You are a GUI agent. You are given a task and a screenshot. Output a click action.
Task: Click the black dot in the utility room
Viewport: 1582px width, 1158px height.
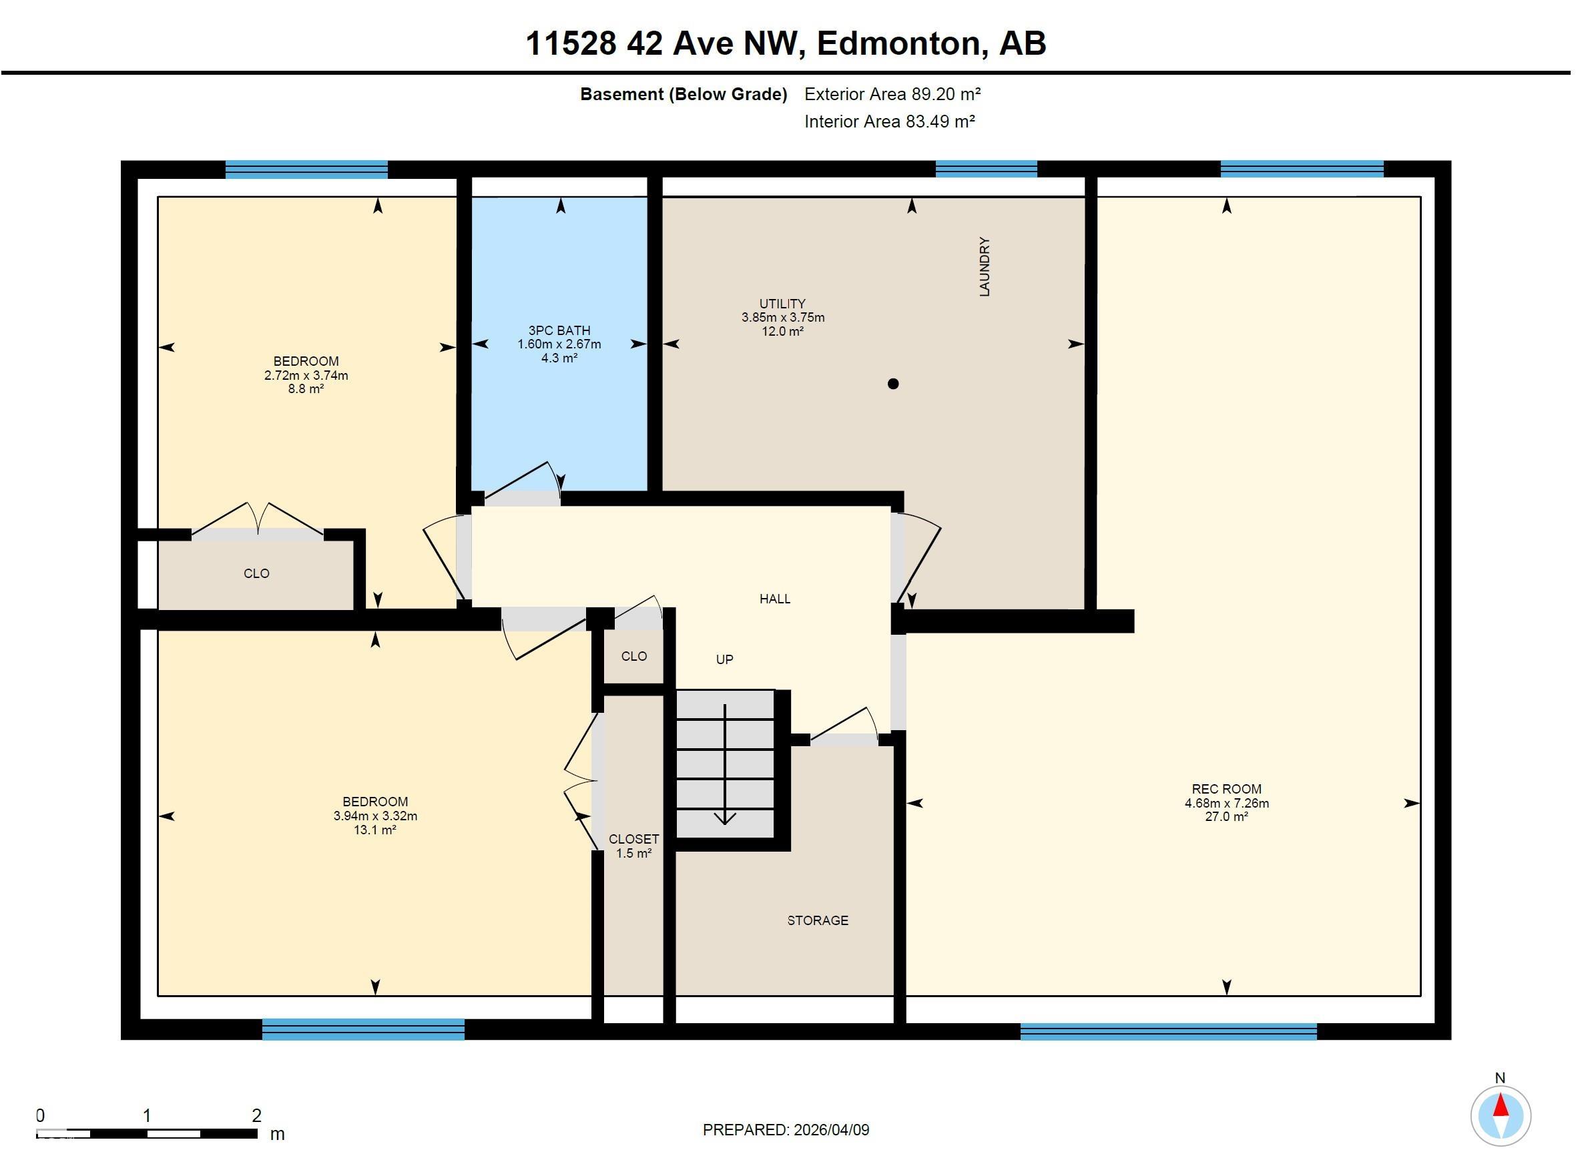(892, 383)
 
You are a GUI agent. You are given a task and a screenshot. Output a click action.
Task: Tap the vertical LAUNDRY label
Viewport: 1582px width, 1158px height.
(984, 266)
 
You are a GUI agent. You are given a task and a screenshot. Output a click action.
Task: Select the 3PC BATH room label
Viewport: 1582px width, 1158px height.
(559, 330)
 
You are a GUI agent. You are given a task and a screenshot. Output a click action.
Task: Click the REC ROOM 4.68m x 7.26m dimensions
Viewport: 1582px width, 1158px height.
(1226, 804)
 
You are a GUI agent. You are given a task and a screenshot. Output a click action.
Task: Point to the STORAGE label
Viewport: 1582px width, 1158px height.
(817, 920)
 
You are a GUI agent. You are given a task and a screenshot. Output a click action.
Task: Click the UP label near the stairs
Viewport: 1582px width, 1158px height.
(724, 659)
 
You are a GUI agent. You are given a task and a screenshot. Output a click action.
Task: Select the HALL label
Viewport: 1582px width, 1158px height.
(774, 599)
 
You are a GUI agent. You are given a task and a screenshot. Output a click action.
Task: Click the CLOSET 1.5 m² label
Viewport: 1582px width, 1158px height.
(633, 846)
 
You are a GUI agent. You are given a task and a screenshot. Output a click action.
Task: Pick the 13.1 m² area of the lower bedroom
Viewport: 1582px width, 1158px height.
(375, 830)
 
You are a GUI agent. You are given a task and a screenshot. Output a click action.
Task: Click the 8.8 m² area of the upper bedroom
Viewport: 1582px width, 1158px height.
(306, 389)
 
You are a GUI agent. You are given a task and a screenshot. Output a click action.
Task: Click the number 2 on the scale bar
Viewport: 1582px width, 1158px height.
(256, 1115)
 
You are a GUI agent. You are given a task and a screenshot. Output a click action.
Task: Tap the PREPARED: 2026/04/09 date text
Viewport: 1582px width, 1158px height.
(786, 1130)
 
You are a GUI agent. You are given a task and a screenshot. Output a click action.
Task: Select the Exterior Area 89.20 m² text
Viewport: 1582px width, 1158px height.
(892, 94)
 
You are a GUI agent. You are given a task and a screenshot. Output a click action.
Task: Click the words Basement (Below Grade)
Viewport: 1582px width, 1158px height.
(683, 94)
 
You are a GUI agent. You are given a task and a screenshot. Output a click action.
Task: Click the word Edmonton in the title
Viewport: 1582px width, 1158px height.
(898, 43)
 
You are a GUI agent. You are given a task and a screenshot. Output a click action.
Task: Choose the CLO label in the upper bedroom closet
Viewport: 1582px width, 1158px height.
(256, 573)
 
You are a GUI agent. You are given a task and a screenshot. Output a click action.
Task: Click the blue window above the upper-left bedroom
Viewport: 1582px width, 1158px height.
(306, 170)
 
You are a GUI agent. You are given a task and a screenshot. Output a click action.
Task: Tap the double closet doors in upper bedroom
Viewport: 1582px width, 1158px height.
(257, 522)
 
